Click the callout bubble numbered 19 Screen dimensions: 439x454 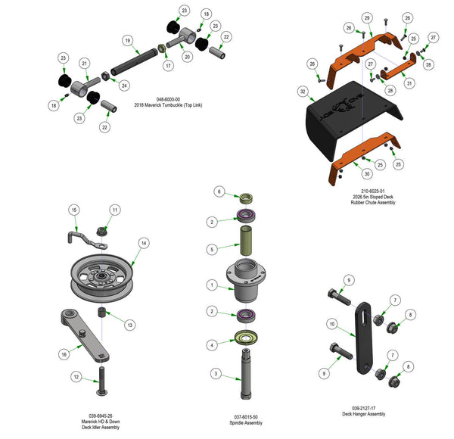[127, 40]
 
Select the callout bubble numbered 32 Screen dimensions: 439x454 [303, 92]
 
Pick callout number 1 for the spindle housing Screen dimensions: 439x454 [213, 285]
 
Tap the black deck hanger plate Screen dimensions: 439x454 [366, 341]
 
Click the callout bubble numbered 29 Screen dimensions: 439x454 [366, 17]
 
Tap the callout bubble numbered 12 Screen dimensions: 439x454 [75, 376]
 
